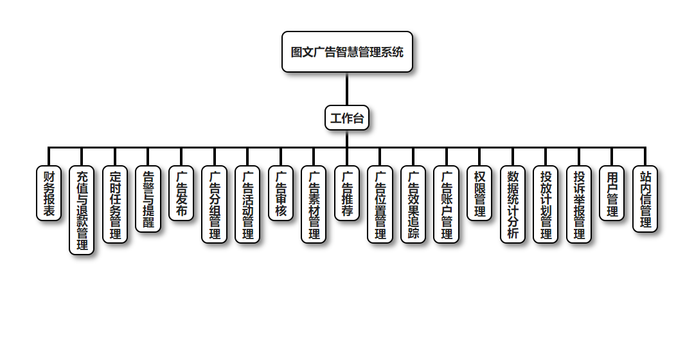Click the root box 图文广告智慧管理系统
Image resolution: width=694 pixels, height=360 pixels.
pos(347,52)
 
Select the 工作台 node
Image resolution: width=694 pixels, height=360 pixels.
pos(347,118)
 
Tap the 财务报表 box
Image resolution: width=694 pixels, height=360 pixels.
pos(49,194)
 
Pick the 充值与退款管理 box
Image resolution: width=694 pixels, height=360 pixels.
pos(82,210)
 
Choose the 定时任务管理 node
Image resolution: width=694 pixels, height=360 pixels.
pos(115,204)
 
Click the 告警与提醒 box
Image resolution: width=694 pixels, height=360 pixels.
pos(148,199)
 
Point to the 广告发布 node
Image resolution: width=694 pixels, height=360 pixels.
pos(181,194)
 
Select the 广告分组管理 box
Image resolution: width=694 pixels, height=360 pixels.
pos(215,204)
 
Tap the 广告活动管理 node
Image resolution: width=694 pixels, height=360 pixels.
pos(247,204)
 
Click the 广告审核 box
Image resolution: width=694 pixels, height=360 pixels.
pos(281,194)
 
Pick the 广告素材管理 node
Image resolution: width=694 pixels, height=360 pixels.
pos(314,204)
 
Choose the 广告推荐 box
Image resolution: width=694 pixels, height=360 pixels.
pos(347,194)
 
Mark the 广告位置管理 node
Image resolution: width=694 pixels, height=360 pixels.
pos(380,204)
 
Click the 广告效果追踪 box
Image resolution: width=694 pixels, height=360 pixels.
pos(413,204)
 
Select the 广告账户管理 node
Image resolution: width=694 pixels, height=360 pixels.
pos(447,204)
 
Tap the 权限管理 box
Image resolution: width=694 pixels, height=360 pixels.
pos(479,194)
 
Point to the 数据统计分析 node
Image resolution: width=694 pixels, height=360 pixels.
pos(513,204)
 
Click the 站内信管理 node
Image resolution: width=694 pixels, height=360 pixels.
pos(645,199)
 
